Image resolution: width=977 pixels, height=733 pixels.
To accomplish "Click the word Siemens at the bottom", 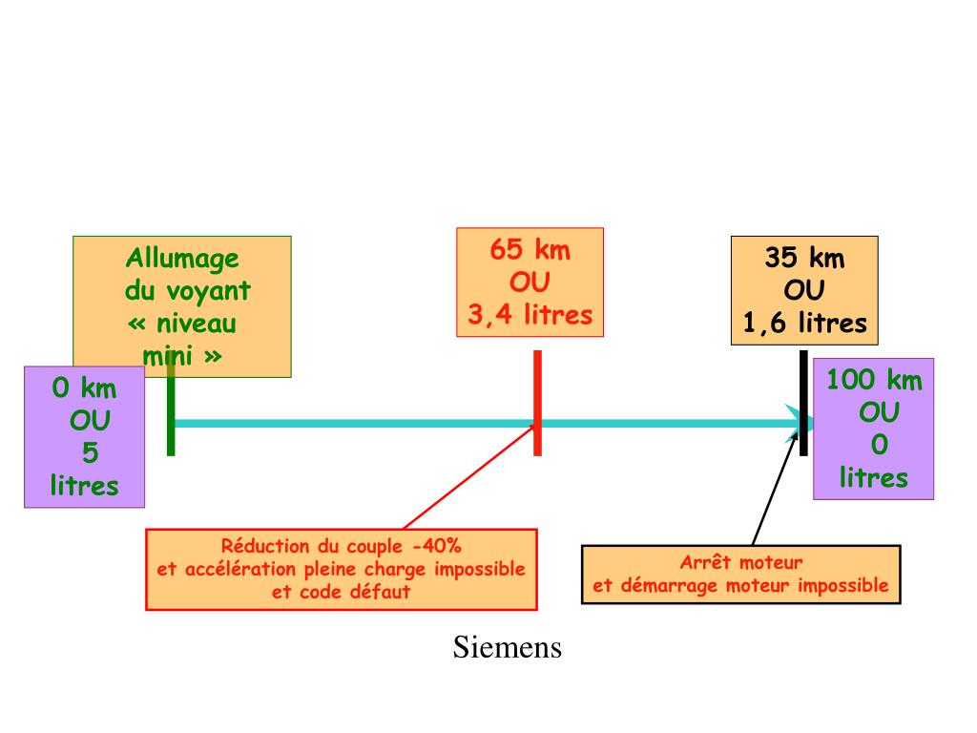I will tap(507, 648).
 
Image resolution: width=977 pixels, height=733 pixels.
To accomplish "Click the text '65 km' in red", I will tap(530, 251).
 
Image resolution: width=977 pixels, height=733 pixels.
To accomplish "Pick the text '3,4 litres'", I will tap(530, 315).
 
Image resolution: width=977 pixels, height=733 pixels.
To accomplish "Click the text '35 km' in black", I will tap(804, 259).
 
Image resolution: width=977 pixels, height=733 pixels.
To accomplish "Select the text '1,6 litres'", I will tap(805, 324).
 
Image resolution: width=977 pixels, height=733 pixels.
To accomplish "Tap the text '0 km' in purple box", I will tap(84, 387).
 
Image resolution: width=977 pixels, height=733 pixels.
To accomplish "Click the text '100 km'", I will tap(874, 380).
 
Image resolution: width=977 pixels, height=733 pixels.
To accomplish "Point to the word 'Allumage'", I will tap(183, 259).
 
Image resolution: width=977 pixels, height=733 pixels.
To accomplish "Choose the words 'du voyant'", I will tap(188, 291).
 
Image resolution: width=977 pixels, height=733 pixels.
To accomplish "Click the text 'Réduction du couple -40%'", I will tap(342, 547).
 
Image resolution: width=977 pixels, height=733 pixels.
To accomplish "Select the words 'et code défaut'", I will tap(342, 591).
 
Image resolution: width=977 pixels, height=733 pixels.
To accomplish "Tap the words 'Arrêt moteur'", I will tap(741, 562).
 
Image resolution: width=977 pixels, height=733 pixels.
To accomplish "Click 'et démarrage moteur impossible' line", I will tap(741, 585).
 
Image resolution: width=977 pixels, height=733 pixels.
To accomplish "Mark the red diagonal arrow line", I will tap(468, 477).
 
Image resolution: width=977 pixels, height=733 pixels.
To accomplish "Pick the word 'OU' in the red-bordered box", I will tap(530, 283).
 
